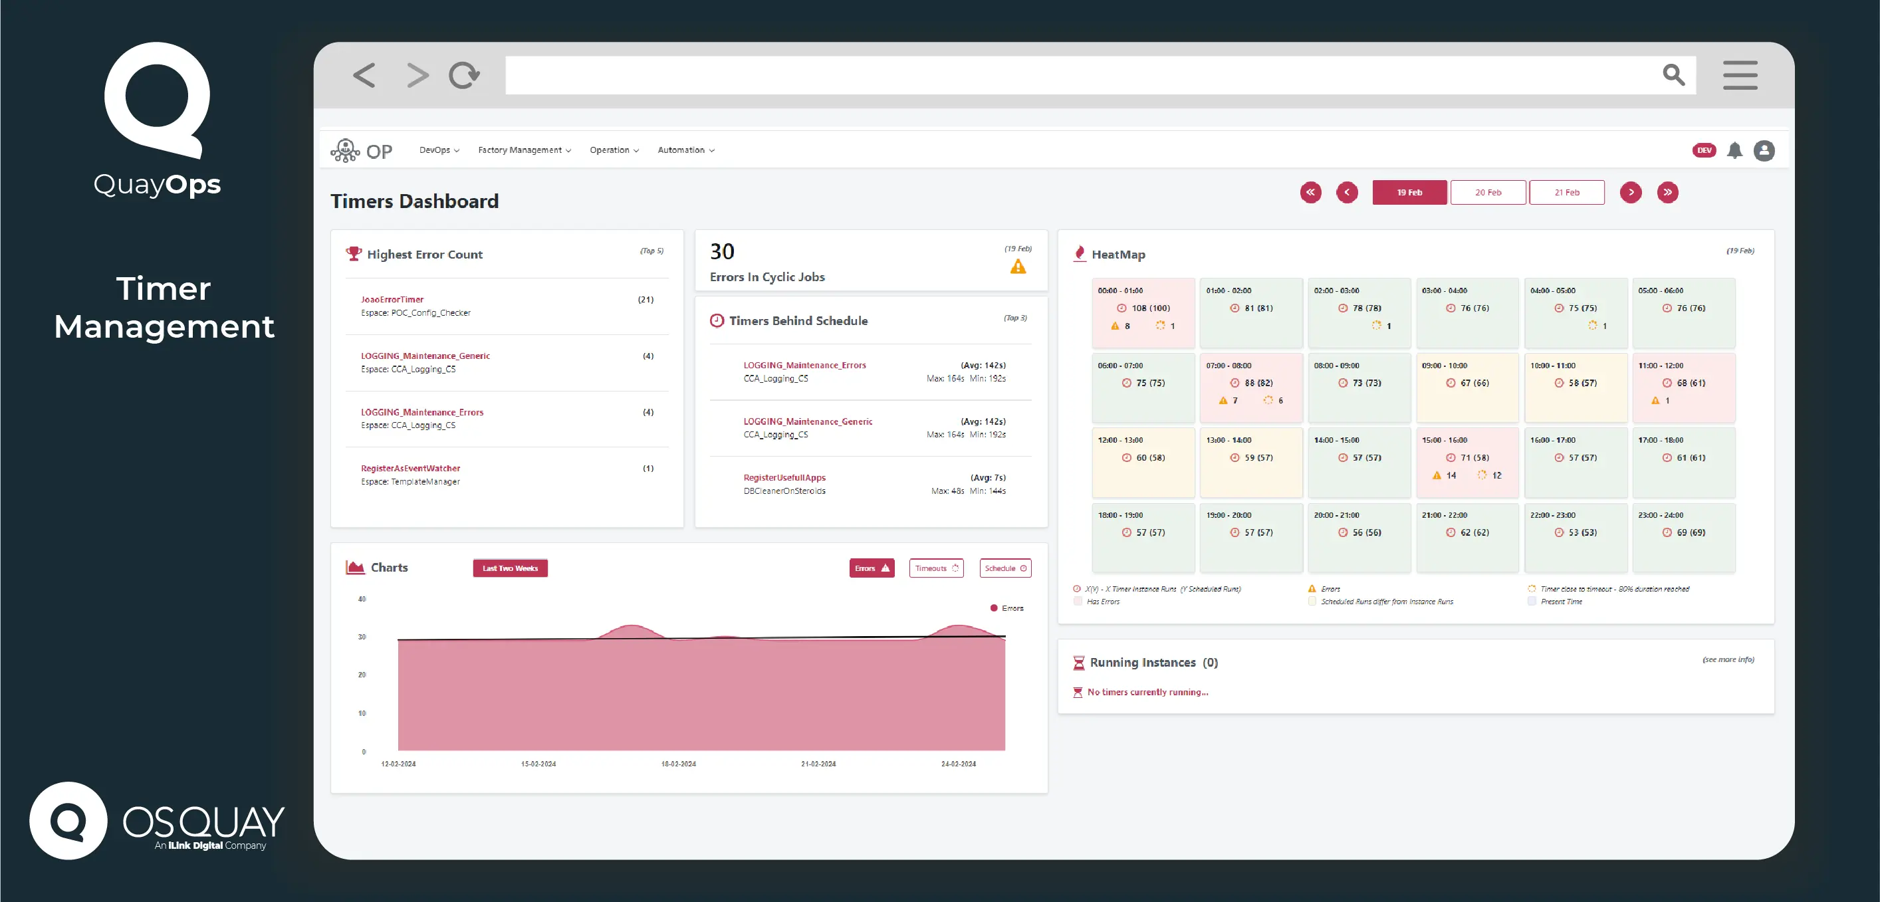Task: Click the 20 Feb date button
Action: pos(1487,193)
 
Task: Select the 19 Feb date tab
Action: pos(1409,193)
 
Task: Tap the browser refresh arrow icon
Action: pos(464,75)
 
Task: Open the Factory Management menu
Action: pos(524,150)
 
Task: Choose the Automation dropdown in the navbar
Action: pos(685,150)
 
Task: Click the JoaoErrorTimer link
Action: pos(392,300)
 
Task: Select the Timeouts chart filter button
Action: pos(935,568)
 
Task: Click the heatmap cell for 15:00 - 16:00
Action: pos(1467,463)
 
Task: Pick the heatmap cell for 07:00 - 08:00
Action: pos(1250,388)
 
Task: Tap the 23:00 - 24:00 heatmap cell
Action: pos(1683,537)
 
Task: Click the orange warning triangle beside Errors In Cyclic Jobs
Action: pos(1017,267)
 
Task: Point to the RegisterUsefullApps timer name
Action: pos(784,478)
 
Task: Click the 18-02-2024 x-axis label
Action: pos(678,764)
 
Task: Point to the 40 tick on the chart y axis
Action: pos(362,599)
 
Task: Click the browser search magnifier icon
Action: pos(1673,75)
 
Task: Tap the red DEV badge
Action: pos(1703,151)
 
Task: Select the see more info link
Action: pos(1728,659)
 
